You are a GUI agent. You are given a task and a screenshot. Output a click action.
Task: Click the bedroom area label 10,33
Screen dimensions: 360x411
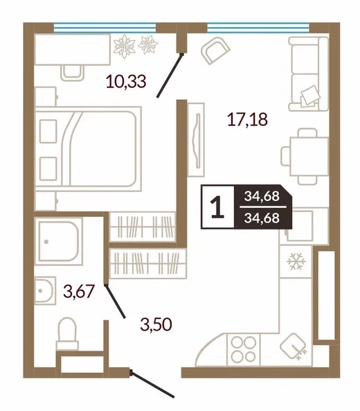click(x=126, y=81)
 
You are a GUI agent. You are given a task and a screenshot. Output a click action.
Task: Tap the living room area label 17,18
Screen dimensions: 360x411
click(x=247, y=119)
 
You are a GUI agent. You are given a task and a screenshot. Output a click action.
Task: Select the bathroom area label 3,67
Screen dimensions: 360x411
click(x=79, y=291)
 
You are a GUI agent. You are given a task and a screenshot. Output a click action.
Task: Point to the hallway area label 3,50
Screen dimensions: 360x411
click(x=156, y=324)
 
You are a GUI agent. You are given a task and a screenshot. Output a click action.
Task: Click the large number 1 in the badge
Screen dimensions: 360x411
click(x=217, y=207)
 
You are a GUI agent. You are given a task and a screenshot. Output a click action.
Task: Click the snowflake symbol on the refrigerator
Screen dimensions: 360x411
click(x=296, y=261)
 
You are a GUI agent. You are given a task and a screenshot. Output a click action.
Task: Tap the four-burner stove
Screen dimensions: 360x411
click(x=244, y=349)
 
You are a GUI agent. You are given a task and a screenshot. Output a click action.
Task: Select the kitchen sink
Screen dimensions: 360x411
click(x=294, y=347)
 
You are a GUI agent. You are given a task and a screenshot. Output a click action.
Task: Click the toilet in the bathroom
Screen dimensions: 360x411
click(x=67, y=333)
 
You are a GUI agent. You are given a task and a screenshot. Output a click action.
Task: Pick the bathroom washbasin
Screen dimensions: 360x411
click(x=45, y=290)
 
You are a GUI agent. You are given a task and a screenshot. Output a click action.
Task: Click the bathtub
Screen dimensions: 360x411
click(x=59, y=241)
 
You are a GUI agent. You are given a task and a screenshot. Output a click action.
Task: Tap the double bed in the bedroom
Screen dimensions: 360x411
click(x=88, y=148)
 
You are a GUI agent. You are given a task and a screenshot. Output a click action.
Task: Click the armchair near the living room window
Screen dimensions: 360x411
click(x=215, y=51)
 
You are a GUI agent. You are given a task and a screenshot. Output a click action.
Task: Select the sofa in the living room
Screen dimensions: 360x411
click(x=308, y=73)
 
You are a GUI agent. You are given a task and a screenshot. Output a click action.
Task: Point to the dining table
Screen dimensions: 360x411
click(x=309, y=157)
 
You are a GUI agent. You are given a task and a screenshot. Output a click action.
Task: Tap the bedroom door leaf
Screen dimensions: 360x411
click(x=170, y=76)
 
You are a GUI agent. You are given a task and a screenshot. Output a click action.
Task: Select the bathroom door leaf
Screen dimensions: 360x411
click(x=115, y=301)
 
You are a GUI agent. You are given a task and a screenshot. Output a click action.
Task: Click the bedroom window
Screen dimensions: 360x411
click(x=105, y=28)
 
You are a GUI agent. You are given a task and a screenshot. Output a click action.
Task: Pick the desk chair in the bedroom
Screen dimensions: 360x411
click(x=72, y=73)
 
